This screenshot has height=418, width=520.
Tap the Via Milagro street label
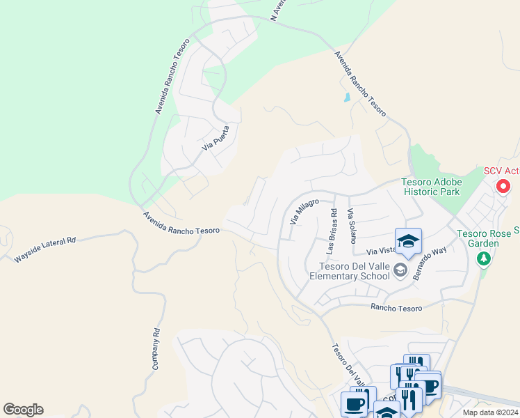click(303, 212)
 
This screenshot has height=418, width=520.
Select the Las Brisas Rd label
click(332, 231)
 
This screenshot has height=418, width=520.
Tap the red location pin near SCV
click(504, 187)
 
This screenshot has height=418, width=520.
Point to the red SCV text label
click(501, 171)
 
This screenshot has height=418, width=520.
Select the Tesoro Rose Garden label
click(487, 238)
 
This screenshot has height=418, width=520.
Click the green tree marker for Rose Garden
click(484, 259)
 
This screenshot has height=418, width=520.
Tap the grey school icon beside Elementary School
click(400, 270)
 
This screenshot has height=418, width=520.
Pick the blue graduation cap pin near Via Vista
click(408, 241)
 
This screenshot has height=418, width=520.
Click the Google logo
click(23, 410)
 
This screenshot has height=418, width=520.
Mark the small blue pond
click(347, 98)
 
